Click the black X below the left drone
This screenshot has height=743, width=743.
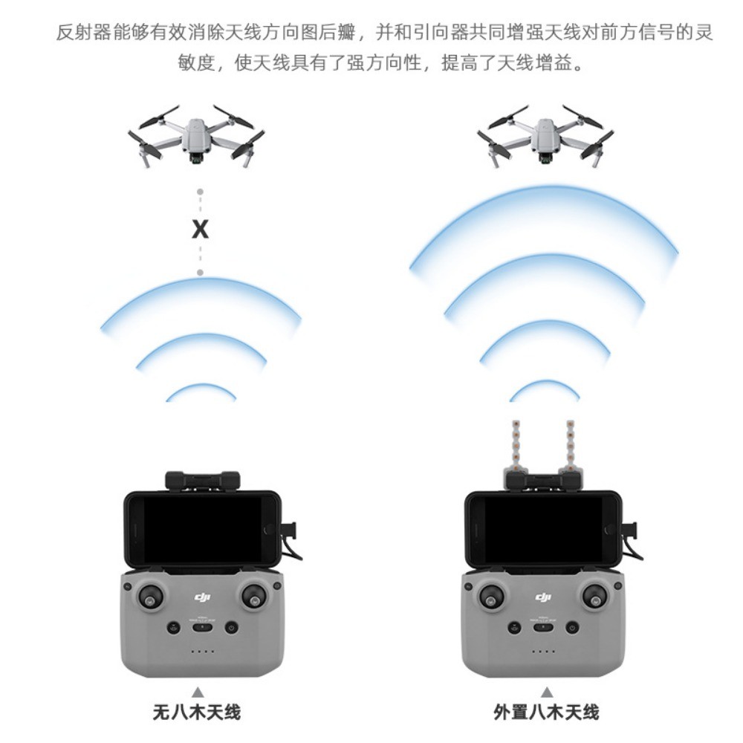[x=200, y=230]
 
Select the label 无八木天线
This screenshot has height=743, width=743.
[x=197, y=713]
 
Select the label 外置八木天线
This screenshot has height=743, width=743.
[x=546, y=713]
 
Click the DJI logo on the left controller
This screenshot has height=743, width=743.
[x=202, y=597]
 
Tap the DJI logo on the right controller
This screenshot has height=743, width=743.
[x=543, y=597]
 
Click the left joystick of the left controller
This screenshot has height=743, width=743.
[x=151, y=597]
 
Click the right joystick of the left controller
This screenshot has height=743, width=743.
[x=255, y=597]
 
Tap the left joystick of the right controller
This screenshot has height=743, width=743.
[x=492, y=597]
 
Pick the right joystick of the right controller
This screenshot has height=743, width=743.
[x=596, y=597]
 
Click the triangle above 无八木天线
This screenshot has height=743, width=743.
[x=198, y=692]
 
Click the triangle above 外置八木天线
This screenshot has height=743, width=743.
[x=548, y=692]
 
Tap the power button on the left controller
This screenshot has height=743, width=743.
[x=231, y=628]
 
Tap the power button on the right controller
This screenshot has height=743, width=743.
[x=572, y=628]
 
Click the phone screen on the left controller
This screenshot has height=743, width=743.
[x=203, y=529]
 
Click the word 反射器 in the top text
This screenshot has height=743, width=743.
[x=83, y=32]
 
